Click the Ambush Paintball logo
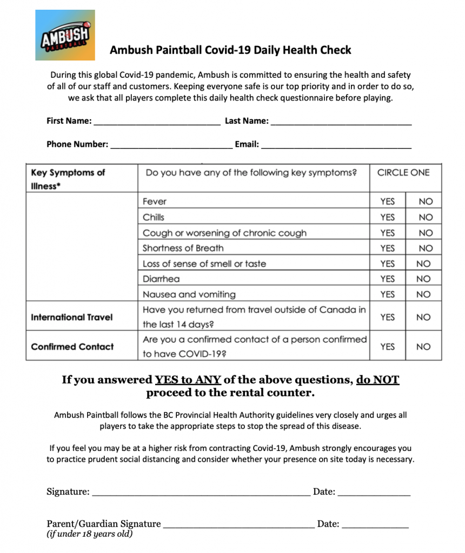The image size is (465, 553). pos(65,35)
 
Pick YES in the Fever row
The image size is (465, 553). pos(387,201)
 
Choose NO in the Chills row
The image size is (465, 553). pos(426,217)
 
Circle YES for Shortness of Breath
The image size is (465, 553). pos(387,248)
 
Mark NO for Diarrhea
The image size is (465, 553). pos(424,279)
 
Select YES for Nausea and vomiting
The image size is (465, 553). pos(387,295)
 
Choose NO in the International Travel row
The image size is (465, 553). pos(423,318)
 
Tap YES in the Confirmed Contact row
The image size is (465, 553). pos(387,347)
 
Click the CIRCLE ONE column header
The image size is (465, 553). pos(403,173)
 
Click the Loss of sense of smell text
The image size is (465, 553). pos(204,264)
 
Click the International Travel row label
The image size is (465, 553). pos(72,318)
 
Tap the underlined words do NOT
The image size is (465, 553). pos(377,380)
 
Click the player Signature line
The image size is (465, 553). pos(201,493)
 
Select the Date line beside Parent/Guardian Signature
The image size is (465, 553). pos(375,524)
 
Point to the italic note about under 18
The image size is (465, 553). pos(90,534)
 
